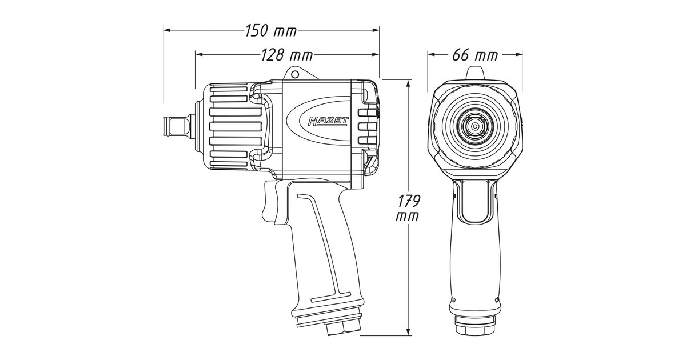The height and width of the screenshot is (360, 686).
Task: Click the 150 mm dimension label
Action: pos(271,31)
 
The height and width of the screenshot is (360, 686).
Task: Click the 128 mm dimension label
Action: pos(287,55)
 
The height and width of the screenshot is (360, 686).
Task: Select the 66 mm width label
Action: pos(475,55)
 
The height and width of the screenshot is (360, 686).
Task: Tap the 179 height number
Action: pos(409,201)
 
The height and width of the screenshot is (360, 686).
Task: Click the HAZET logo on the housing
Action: pos(328,122)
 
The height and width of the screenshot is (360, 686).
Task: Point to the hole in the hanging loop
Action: pos(294,74)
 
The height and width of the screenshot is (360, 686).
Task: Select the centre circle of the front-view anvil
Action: pos(475,126)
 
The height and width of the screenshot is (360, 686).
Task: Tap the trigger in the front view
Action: pos(475,201)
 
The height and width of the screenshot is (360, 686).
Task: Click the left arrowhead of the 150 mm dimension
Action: pos(167,30)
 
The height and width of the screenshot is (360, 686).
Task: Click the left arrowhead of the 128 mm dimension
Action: pos(200,54)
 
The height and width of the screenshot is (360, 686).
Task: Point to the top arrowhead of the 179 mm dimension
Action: pos(408,84)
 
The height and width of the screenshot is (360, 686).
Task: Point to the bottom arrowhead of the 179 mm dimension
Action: pos(408,331)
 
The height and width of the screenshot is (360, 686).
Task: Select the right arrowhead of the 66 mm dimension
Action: pos(519,54)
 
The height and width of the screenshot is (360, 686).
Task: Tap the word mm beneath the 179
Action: pos(407,216)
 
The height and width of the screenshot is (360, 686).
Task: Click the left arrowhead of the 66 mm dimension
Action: pos(432,54)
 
